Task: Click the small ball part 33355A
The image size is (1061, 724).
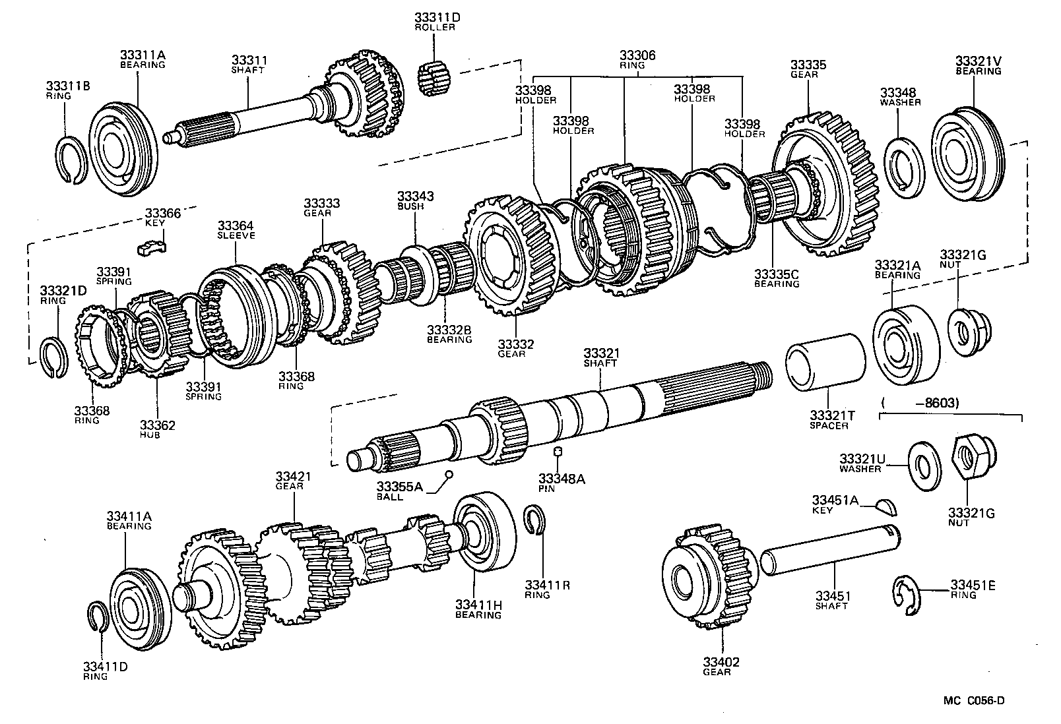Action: (449, 473)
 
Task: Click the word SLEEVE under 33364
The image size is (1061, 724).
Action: (236, 235)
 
